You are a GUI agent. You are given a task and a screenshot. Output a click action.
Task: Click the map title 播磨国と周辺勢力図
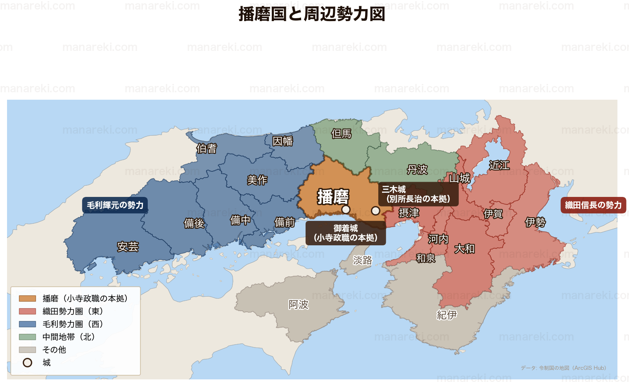click(x=312, y=14)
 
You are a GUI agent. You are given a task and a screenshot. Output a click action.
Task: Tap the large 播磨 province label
click(x=333, y=197)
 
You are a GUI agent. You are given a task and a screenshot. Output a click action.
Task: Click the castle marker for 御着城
click(x=346, y=210)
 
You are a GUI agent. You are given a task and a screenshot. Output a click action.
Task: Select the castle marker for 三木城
click(x=375, y=211)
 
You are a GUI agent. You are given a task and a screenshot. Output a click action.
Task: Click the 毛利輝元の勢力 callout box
click(x=115, y=205)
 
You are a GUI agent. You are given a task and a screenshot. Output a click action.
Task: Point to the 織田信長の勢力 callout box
click(x=593, y=205)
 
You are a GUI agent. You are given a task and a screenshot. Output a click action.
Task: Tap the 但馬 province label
click(x=341, y=134)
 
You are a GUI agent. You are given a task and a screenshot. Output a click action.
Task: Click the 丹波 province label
click(x=417, y=170)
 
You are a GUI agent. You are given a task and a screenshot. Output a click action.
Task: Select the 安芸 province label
click(x=128, y=247)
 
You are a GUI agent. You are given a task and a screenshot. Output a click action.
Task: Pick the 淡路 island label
click(x=363, y=260)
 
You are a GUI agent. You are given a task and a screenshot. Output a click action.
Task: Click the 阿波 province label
click(x=298, y=304)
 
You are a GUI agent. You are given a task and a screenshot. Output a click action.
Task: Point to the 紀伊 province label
click(x=447, y=315)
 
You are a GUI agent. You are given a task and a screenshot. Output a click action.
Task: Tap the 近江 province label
click(x=499, y=165)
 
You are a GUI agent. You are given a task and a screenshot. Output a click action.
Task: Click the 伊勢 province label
click(x=535, y=222)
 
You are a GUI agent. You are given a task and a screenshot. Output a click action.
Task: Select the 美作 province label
click(x=257, y=180)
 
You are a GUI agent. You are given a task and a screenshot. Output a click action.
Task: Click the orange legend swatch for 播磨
click(x=27, y=298)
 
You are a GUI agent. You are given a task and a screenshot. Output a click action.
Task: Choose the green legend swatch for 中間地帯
click(x=27, y=337)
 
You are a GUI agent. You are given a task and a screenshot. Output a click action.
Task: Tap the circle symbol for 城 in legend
click(x=27, y=363)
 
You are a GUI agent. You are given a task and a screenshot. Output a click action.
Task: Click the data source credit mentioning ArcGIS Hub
click(x=563, y=368)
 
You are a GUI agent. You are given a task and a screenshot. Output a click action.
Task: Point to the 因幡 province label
click(x=282, y=141)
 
